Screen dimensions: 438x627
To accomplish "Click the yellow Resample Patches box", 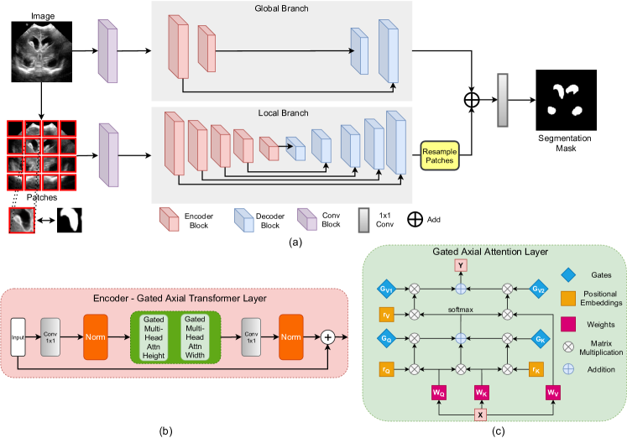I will click(439, 154).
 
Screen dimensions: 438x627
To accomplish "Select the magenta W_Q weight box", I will click(438, 392).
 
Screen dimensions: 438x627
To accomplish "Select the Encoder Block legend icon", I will click(168, 220).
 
